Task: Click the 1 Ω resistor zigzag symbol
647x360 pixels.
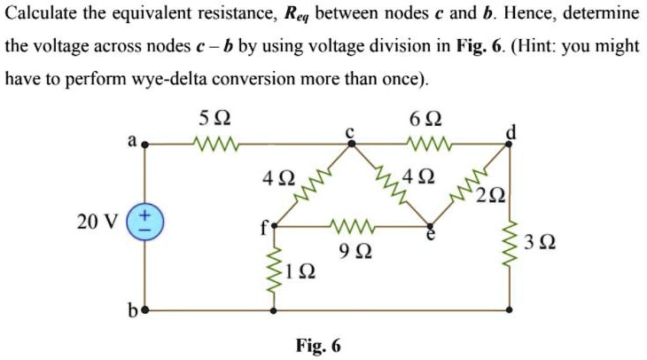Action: tap(273, 269)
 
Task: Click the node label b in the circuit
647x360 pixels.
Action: tap(133, 311)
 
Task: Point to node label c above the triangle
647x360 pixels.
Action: tap(350, 130)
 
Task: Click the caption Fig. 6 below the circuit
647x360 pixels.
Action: tap(320, 345)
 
